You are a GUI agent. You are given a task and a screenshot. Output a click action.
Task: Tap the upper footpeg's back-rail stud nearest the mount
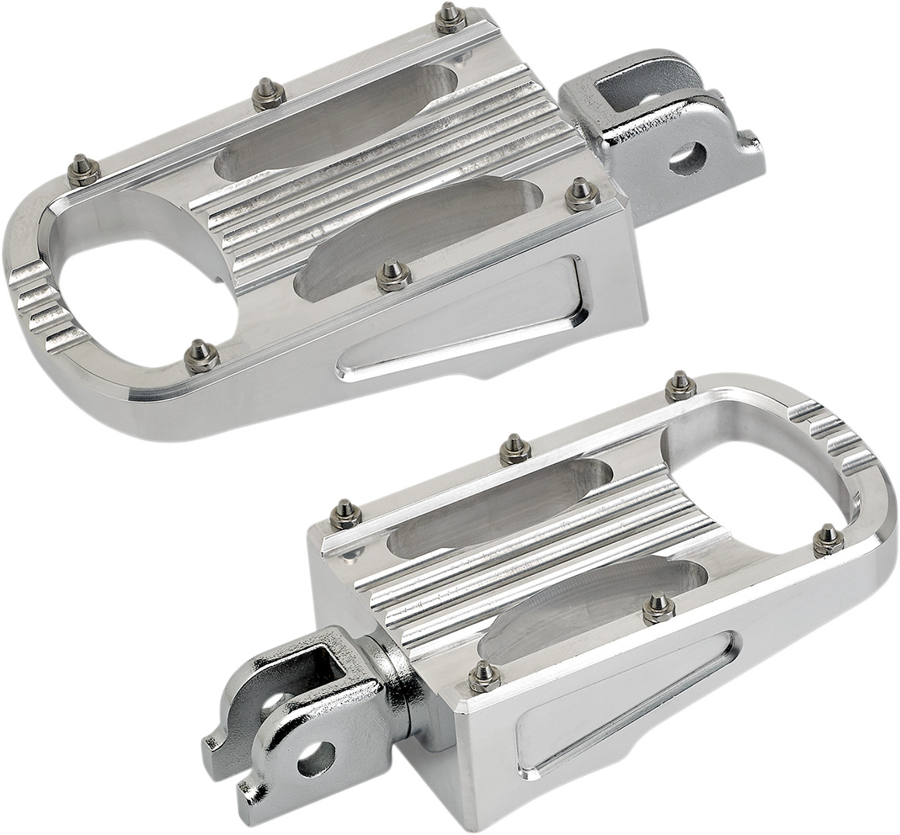click(449, 17)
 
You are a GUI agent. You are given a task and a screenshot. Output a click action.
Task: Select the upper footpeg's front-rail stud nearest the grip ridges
click(201, 355)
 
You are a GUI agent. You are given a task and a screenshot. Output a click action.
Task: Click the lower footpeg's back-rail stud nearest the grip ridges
click(680, 384)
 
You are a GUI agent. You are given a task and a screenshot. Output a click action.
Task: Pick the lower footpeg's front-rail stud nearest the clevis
click(483, 676)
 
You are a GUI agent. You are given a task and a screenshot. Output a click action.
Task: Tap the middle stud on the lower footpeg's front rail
click(658, 608)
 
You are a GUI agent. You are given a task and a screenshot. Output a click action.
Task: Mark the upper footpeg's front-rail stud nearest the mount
click(580, 193)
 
